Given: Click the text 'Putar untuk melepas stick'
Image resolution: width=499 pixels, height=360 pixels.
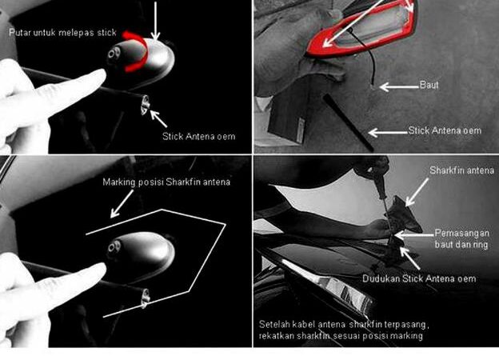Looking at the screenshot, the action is (x=62, y=33).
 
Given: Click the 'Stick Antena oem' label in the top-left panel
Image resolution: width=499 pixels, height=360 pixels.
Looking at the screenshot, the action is (x=199, y=137).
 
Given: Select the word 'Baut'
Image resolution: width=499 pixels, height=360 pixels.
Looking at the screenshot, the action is (x=429, y=85).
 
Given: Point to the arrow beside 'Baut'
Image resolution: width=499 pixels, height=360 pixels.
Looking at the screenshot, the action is (x=399, y=86).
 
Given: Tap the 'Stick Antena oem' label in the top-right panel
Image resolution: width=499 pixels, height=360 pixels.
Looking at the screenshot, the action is (x=445, y=130).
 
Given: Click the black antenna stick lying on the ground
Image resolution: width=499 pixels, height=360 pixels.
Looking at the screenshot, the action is (x=348, y=122).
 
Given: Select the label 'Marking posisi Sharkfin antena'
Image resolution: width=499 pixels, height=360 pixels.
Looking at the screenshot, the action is (x=166, y=182).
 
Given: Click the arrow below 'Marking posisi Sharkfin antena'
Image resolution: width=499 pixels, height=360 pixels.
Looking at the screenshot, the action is (x=122, y=204).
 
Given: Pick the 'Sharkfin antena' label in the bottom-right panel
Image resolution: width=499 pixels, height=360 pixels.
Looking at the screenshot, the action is (x=461, y=170).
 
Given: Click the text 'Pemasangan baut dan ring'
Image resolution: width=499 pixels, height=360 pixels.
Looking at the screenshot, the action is (x=461, y=238).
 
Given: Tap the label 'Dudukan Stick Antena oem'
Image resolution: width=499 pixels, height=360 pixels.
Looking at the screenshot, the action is (x=419, y=279).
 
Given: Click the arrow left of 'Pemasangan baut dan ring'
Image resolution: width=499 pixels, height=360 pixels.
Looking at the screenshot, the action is (x=414, y=235).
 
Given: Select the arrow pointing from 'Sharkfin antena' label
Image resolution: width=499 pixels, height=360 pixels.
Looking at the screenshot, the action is (x=417, y=192).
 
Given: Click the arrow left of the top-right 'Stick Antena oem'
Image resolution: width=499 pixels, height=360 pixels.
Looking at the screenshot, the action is (x=388, y=132).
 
